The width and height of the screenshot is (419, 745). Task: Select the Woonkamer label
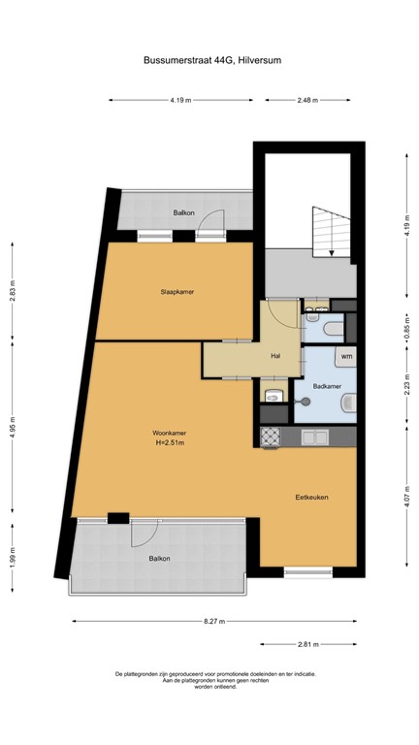coord(169,432)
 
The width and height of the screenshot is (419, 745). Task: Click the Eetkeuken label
coord(312,497)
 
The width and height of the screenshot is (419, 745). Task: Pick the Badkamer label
coord(327,386)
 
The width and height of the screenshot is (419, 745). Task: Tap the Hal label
coord(275,355)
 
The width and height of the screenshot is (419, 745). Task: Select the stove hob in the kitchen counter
coord(271,437)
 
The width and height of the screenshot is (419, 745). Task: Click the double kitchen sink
coord(314,437)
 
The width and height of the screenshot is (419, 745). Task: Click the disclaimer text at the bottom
coord(215,680)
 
